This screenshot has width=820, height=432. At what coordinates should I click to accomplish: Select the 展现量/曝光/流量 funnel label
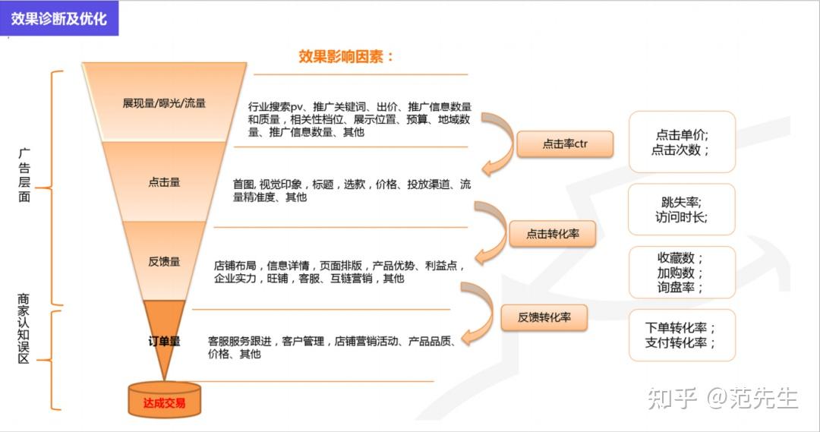164,103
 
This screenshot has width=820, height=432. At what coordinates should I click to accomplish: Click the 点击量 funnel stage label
164,182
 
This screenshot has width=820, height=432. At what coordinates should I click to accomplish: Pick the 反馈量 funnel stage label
164,262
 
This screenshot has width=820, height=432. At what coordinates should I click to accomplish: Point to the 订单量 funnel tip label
164,342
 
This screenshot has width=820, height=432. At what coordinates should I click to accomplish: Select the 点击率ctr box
565,143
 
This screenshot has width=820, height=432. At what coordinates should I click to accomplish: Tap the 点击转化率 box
553,234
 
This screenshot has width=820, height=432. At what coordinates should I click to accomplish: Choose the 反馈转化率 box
544,317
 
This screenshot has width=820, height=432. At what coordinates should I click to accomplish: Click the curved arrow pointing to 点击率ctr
496,144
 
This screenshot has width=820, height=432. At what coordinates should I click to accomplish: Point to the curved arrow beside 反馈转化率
478,311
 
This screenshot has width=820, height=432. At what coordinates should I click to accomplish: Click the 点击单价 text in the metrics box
681,134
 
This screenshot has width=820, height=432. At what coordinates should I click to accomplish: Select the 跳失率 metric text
681,202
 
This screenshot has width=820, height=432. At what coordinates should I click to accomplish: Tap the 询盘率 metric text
681,288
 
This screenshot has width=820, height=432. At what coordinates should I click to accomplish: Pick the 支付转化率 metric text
681,343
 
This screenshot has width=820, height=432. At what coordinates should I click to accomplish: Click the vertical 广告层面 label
24,175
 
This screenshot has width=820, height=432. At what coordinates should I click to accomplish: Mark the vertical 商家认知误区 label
24,330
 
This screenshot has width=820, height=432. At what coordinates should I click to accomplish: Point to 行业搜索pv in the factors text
276,106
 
